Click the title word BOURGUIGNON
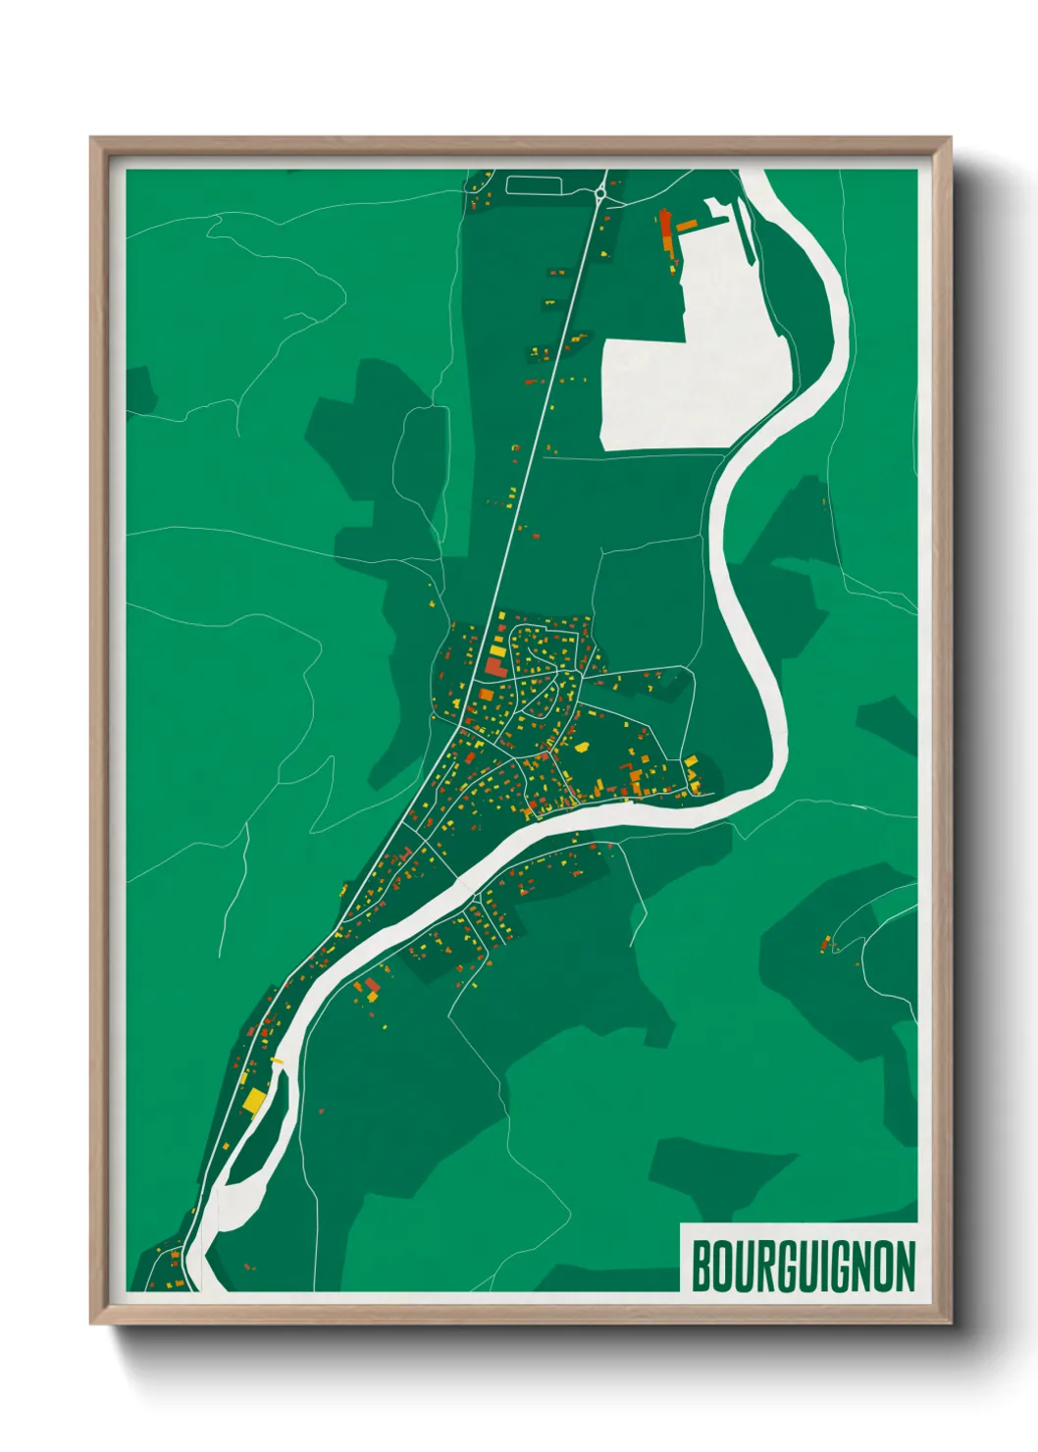[803, 1266]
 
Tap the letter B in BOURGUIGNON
[701, 1266]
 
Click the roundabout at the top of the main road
[599, 194]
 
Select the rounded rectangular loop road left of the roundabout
[534, 184]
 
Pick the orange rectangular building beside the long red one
[686, 226]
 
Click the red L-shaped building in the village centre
[493, 668]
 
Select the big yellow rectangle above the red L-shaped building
[497, 650]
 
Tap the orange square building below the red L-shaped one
[486, 695]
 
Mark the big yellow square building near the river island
[254, 1101]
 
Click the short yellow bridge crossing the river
[277, 1061]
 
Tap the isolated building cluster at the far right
[827, 944]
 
